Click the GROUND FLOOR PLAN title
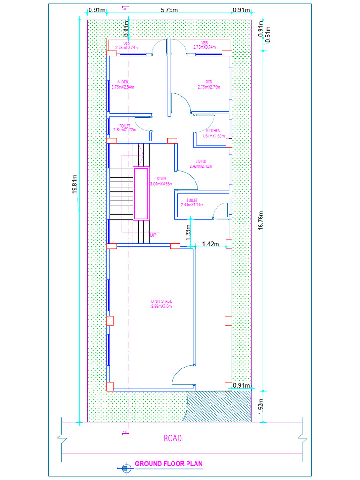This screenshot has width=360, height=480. [169, 464]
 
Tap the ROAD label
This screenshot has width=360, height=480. [172, 439]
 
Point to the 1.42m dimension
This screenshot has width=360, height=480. [210, 244]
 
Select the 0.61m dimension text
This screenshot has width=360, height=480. [268, 35]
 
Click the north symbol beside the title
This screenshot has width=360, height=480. [125, 467]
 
